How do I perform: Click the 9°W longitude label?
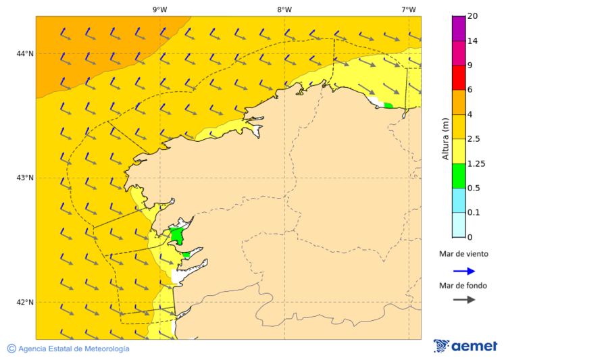159,9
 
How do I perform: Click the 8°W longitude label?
284,9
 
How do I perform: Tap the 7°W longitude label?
408,9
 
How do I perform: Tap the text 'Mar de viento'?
463,254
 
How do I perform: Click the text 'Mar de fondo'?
463,285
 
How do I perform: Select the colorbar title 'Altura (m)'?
445,138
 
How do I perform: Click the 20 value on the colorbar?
472,16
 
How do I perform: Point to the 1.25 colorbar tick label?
476,163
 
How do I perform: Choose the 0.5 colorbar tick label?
474,188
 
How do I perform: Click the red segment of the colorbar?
458,77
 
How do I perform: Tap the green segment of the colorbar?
458,176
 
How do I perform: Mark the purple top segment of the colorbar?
458,28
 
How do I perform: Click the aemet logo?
465,346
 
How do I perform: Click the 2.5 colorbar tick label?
474,138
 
